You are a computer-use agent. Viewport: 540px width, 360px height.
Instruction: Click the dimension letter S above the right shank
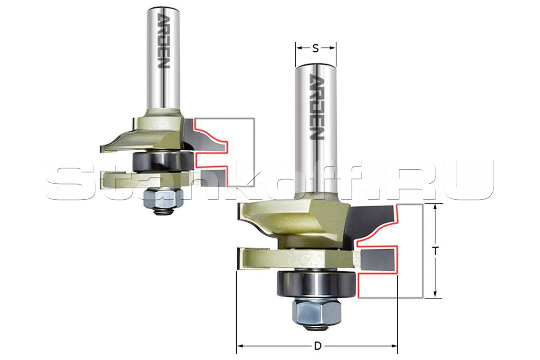[315, 49]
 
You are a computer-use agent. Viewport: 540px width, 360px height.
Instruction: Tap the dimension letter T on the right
[435, 251]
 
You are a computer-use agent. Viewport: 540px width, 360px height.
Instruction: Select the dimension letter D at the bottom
[318, 346]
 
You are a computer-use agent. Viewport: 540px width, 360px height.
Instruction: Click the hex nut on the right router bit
[316, 312]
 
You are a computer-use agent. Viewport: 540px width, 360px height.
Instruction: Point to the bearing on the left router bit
[163, 161]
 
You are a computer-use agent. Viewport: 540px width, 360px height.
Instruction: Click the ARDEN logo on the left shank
[163, 40]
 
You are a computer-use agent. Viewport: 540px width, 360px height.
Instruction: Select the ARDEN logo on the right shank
[316, 107]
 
